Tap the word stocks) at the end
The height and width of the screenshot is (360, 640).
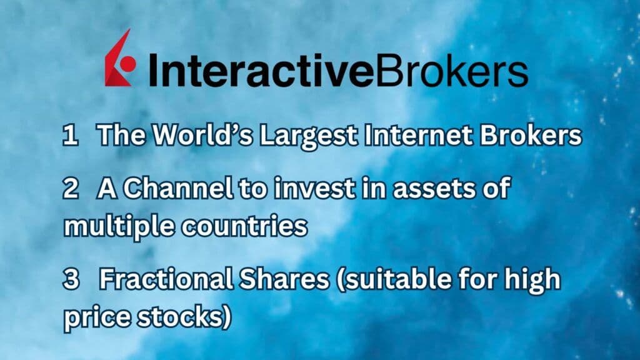tap(187, 317)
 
